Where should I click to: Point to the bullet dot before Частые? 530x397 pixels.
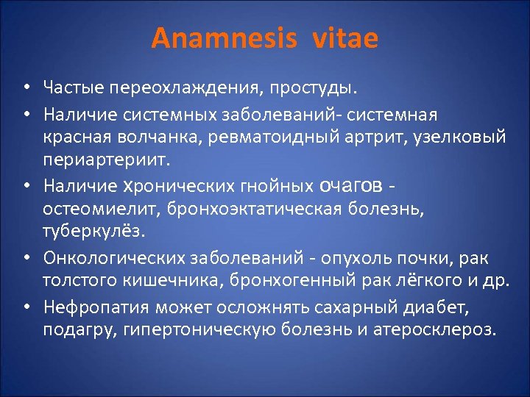point(25,90)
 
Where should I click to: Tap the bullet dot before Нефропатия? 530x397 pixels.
point(25,306)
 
